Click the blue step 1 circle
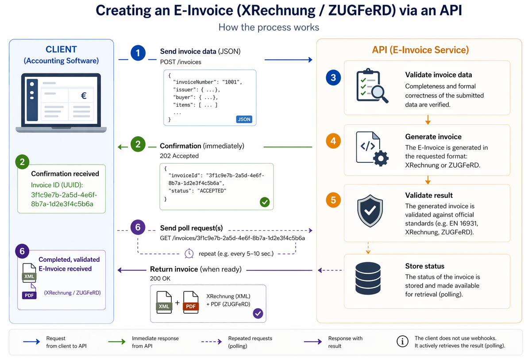pos(138,54)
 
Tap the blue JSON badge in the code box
pos(244,119)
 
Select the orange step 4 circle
pos(333,141)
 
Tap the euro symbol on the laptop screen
pos(84,95)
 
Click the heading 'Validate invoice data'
pos(438,75)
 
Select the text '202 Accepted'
pos(179,156)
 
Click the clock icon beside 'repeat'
pos(189,253)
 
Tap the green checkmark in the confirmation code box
pos(265,202)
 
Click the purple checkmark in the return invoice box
pos(258,314)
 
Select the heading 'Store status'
pos(424,266)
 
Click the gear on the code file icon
pos(381,158)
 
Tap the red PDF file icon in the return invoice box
pos(191,302)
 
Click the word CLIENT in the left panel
pos(62,50)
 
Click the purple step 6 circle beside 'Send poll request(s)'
pos(138,227)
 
